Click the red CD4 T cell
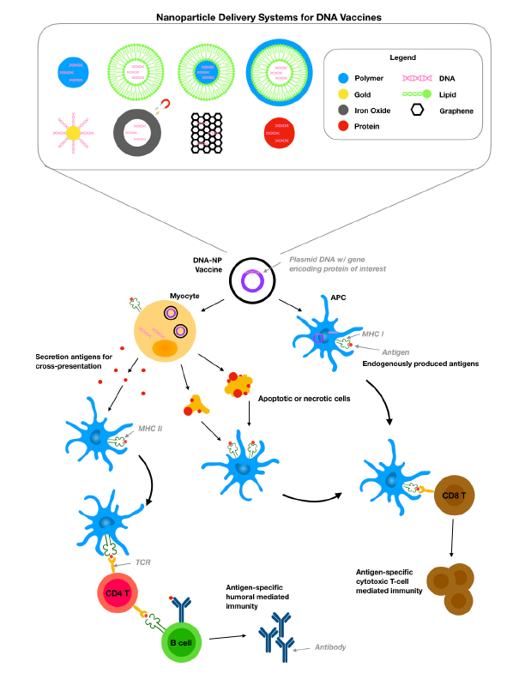[x=118, y=592]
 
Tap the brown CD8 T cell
[x=454, y=496]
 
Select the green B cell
[x=181, y=642]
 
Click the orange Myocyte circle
[x=165, y=331]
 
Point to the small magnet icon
[x=165, y=105]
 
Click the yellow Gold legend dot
[x=343, y=94]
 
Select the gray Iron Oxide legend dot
[x=343, y=110]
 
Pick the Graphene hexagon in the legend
[x=417, y=110]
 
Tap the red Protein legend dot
[x=343, y=126]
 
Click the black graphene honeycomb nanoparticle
[x=207, y=133]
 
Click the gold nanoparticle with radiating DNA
[x=73, y=133]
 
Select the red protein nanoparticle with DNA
[x=280, y=133]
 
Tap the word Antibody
[x=330, y=646]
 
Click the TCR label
[x=143, y=562]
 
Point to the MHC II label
[x=150, y=429]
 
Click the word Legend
[x=402, y=57]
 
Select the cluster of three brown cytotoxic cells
[x=450, y=589]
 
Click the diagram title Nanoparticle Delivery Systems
[x=269, y=18]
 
